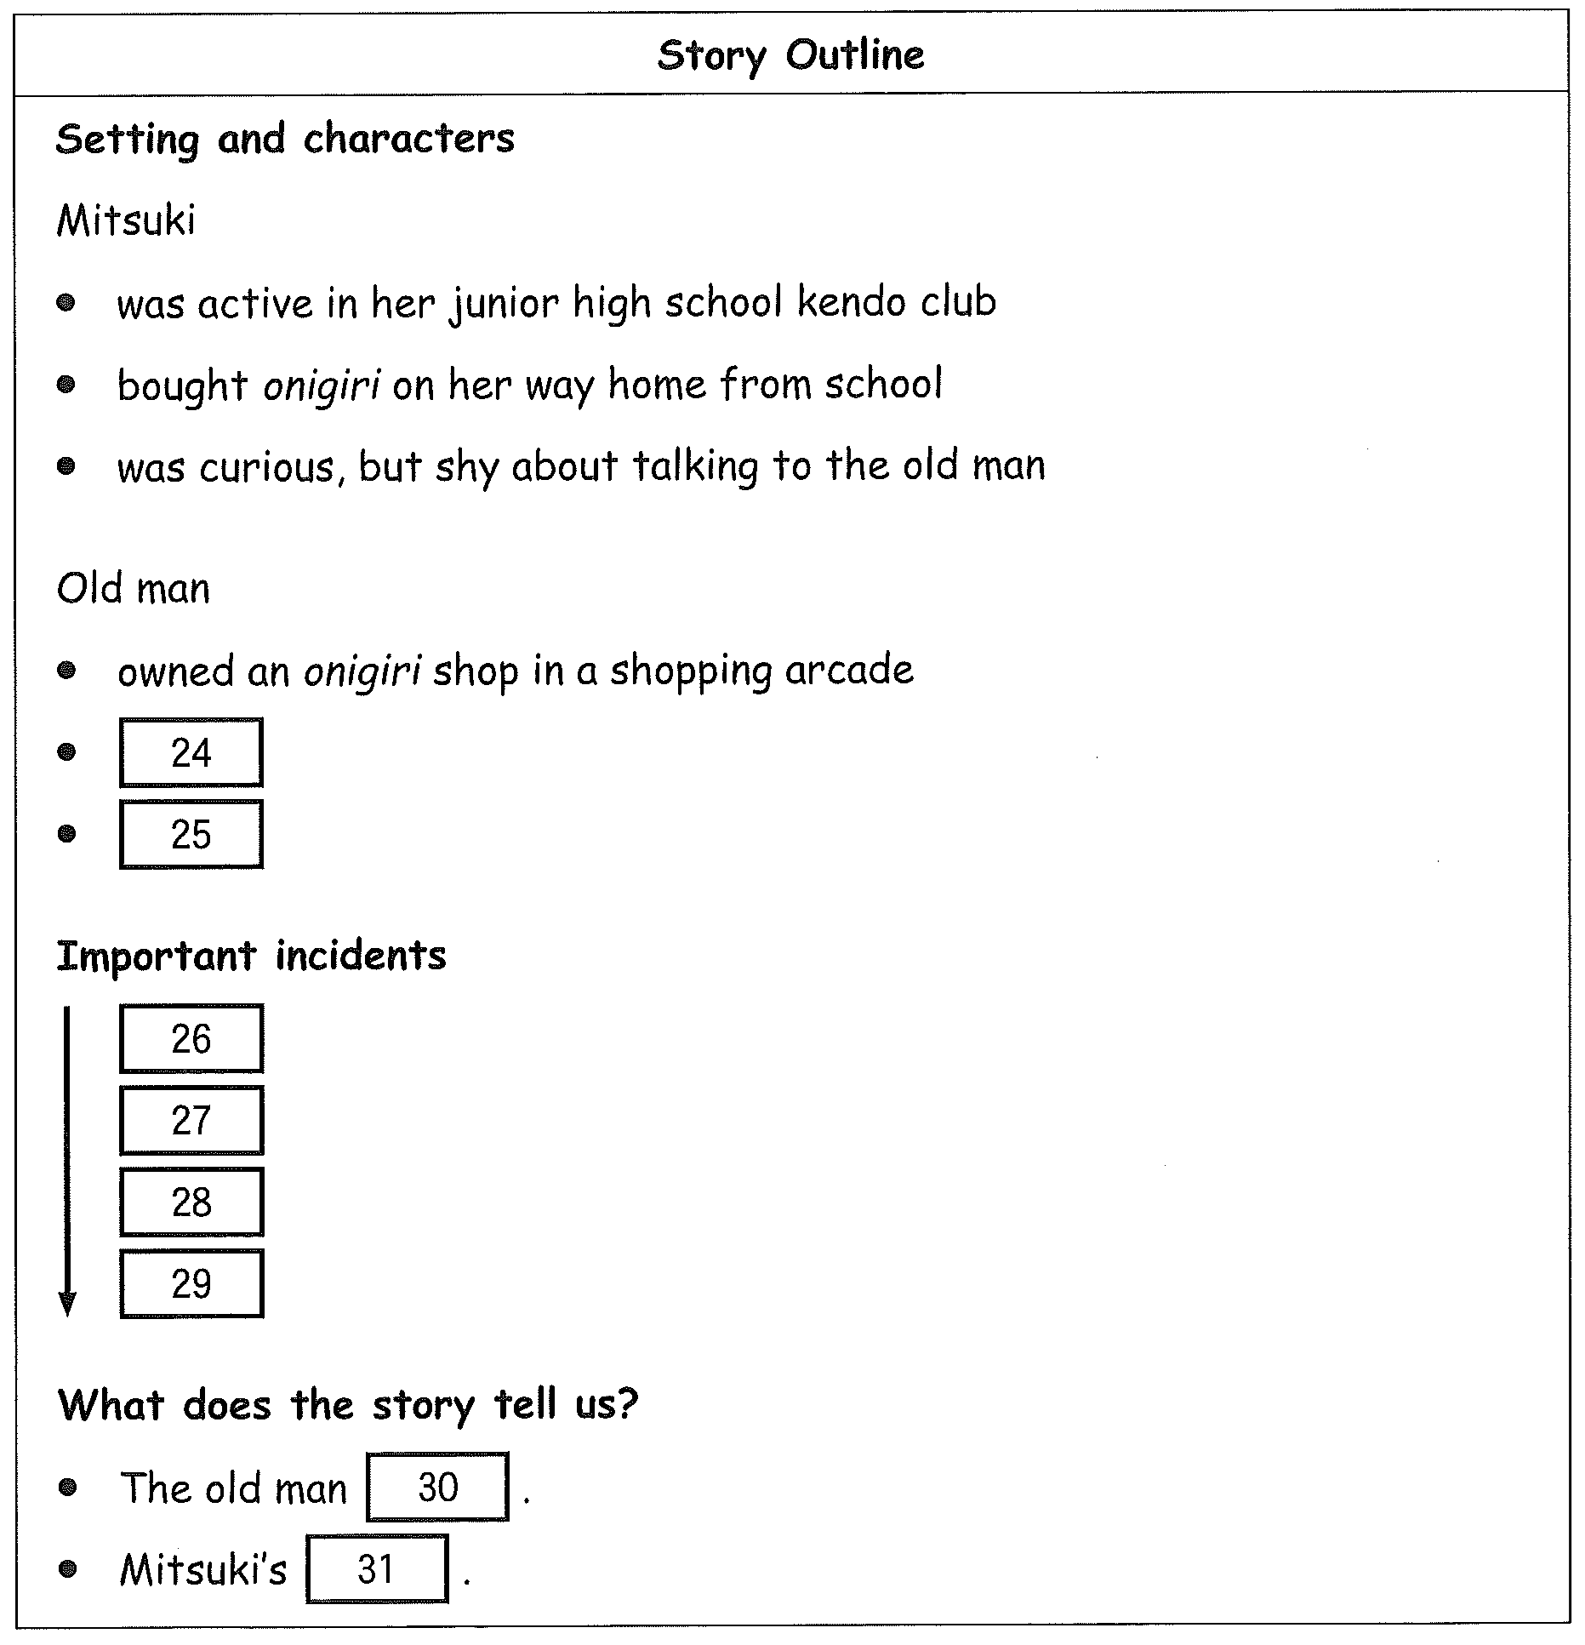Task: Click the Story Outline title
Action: (790, 56)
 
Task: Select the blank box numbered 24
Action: (191, 752)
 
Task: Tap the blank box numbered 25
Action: (191, 834)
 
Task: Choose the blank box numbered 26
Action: (191, 1038)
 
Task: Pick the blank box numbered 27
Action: (191, 1120)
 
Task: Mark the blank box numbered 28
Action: (191, 1202)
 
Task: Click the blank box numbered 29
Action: (191, 1283)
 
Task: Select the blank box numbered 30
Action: (438, 1487)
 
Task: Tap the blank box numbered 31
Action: (377, 1568)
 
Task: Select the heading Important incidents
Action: (251, 956)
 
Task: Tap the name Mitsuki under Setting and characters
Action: (126, 220)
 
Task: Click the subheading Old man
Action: (134, 588)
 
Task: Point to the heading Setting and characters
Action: (285, 139)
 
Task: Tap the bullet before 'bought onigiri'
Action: (66, 385)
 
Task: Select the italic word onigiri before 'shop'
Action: (362, 671)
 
